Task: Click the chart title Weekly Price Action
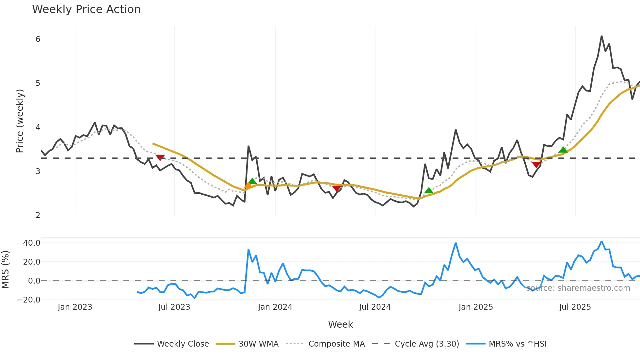[86, 9]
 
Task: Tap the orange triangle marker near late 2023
[248, 186]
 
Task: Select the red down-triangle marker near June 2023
[160, 157]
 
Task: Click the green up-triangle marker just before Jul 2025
[563, 150]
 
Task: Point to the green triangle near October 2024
[429, 190]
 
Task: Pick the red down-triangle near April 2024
[337, 188]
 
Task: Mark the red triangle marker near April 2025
[536, 165]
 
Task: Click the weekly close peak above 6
[601, 36]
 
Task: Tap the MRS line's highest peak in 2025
[601, 241]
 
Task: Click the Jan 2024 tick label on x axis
[275, 307]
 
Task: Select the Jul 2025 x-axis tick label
[575, 307]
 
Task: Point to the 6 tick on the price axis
[38, 39]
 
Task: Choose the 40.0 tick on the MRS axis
[32, 243]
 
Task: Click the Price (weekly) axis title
[20, 121]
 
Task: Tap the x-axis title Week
[340, 324]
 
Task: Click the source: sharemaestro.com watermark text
[578, 288]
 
